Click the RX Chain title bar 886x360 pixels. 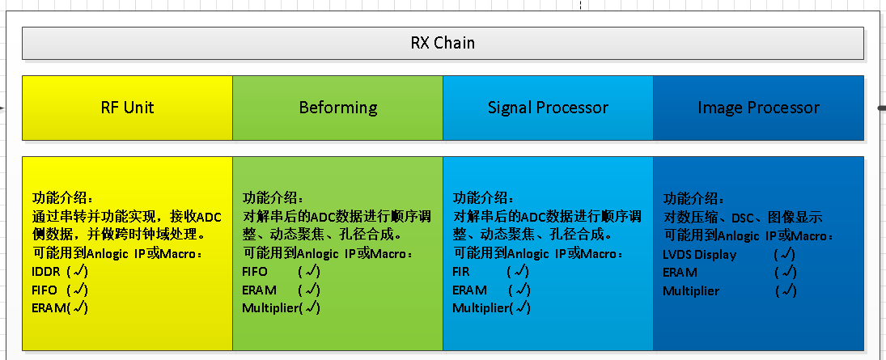443,43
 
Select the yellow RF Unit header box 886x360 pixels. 127,108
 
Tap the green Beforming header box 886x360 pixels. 337,108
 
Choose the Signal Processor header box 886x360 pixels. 548,108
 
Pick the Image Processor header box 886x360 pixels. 758,108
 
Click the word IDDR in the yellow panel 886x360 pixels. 45,271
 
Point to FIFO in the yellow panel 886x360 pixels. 45,289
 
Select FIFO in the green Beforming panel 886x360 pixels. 255,271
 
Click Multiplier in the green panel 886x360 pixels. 270,307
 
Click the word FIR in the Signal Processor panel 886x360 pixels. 460,271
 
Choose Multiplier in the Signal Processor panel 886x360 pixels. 481,307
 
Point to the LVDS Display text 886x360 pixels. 700,254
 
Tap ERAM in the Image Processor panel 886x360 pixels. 680,273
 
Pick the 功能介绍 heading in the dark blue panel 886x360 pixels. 694,199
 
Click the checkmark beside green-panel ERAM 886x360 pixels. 310,289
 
